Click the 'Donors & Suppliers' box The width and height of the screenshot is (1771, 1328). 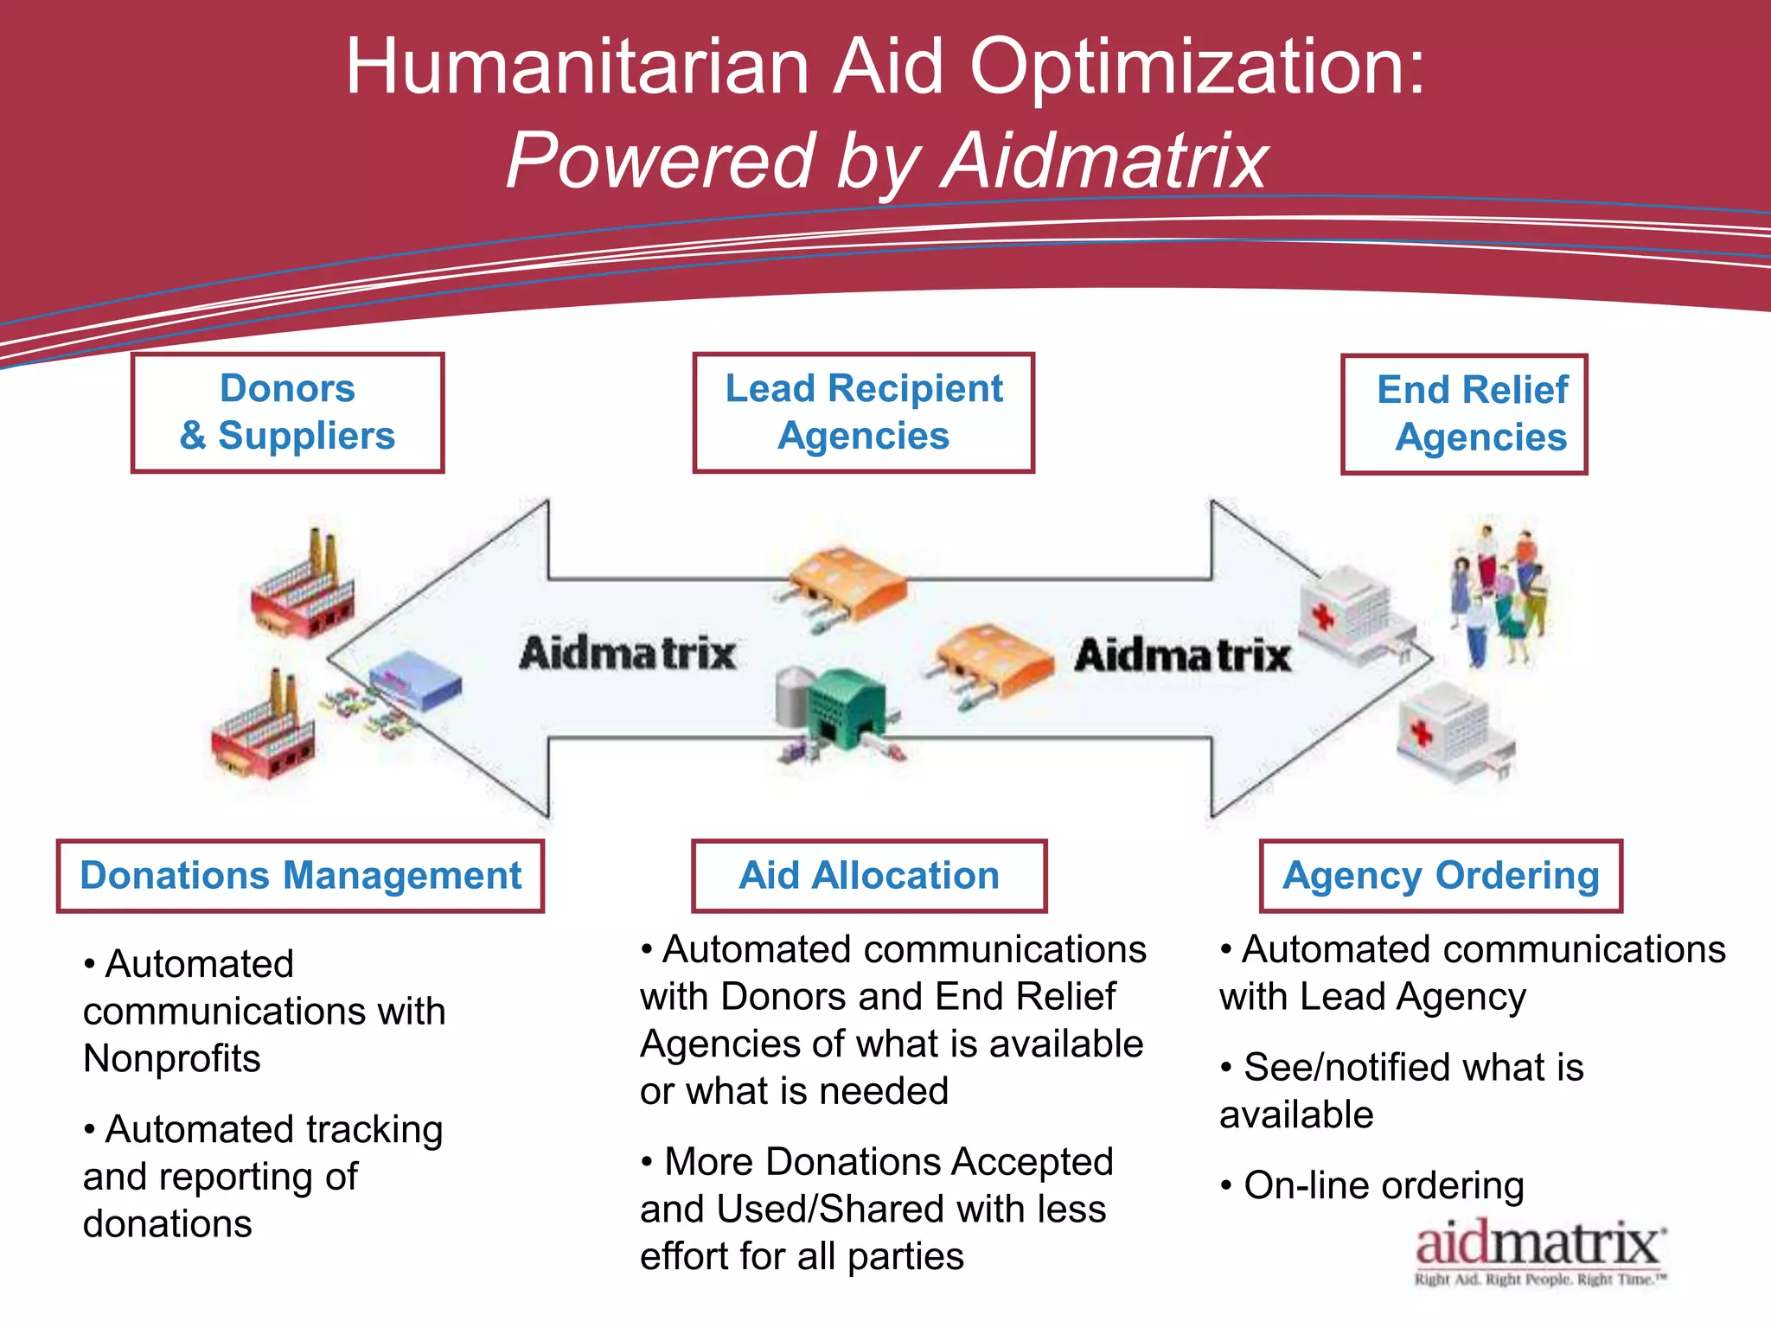287,412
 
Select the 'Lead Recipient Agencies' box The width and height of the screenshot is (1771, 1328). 863,412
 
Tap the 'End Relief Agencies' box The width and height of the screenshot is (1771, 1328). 1464,414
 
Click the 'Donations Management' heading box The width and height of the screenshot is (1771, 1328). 300,876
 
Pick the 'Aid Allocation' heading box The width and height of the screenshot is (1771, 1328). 868,876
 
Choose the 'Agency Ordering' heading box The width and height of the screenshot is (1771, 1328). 1441,876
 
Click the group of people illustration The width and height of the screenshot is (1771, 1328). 1500,597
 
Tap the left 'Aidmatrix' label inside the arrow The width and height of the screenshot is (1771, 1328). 627,653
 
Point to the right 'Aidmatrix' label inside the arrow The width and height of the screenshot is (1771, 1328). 1182,654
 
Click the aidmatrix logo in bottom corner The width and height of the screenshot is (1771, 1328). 1539,1252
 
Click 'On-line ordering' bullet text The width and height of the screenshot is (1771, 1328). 1384,1186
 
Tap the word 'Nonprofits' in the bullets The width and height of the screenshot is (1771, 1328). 172,1058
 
